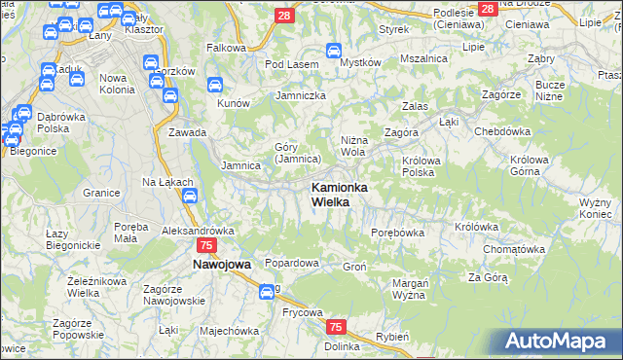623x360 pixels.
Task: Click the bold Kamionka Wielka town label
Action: point(338,194)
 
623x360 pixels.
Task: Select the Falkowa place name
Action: point(226,47)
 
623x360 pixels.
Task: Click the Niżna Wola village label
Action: point(352,146)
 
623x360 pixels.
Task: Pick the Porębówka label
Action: point(398,233)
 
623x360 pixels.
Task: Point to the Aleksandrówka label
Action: point(199,231)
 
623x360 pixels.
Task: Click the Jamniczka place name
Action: point(301,95)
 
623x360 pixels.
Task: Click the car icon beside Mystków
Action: point(333,51)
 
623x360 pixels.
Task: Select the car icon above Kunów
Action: point(215,85)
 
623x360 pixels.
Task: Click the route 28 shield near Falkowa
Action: point(283,15)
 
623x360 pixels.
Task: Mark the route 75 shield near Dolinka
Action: point(336,328)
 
